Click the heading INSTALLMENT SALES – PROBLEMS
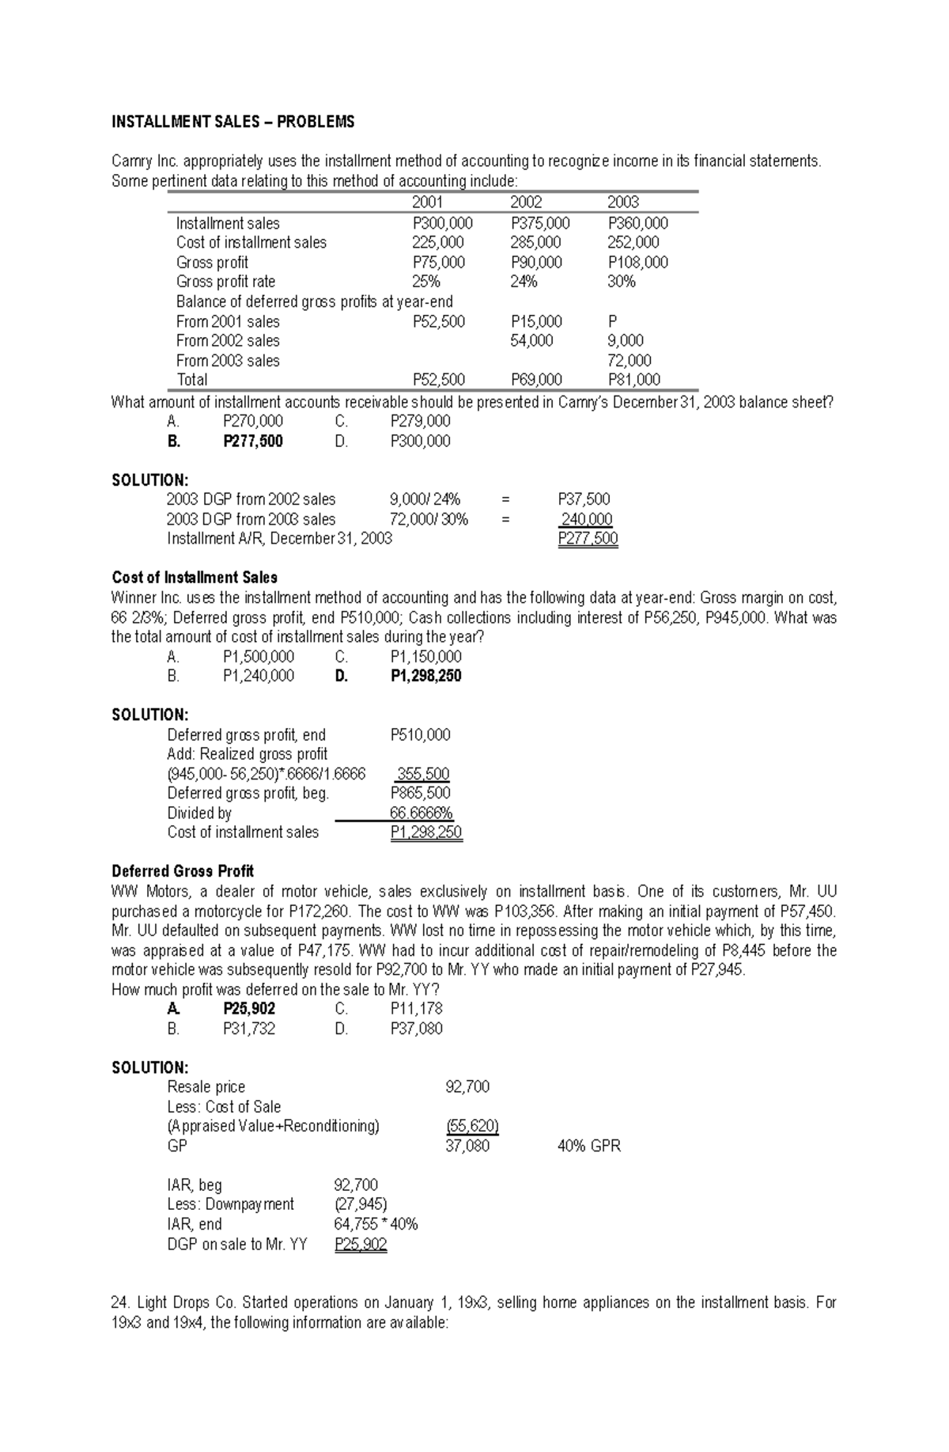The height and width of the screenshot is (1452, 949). (233, 122)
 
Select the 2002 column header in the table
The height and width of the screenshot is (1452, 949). (526, 203)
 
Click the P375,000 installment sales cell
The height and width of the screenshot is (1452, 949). (540, 223)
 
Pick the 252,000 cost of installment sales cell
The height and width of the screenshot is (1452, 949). (633, 243)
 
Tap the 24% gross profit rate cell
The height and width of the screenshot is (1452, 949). (524, 282)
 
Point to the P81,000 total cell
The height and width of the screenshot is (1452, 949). (633, 380)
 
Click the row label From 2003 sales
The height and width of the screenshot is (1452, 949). (228, 361)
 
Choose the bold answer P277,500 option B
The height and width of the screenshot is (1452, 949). (253, 441)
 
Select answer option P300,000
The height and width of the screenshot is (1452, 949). (420, 441)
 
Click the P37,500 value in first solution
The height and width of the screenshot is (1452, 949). (584, 499)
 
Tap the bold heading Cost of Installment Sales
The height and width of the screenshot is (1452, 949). (195, 578)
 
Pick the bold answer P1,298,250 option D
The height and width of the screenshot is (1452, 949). (425, 676)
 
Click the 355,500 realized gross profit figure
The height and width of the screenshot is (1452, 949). (423, 774)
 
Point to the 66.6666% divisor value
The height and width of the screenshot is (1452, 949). (421, 813)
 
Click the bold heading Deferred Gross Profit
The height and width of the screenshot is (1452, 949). (183, 871)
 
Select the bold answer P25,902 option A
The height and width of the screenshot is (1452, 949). (249, 1009)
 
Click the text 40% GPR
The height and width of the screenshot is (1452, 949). (588, 1146)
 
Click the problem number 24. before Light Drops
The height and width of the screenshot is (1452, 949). (120, 1302)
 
